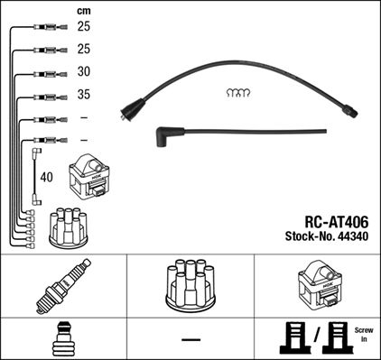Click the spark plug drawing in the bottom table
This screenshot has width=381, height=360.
pos(62,282)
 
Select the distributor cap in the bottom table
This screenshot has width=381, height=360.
pos(190,285)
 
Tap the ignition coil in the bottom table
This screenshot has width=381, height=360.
pos(317,284)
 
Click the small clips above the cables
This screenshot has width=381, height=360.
pos(237,92)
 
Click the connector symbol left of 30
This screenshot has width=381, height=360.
pos(42,74)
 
